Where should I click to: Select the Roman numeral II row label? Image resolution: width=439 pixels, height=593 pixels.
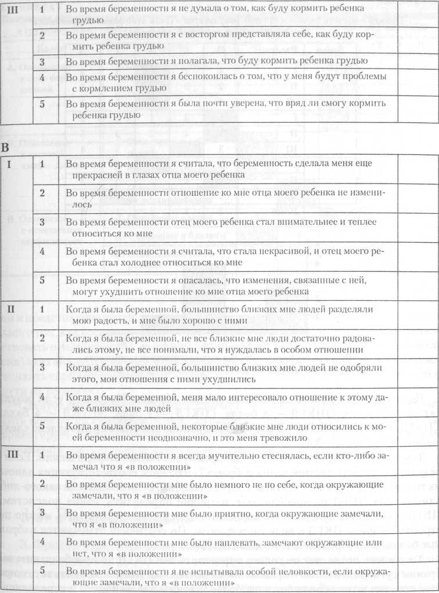tap(10, 310)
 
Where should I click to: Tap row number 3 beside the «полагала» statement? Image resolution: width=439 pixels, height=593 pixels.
tap(42, 60)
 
